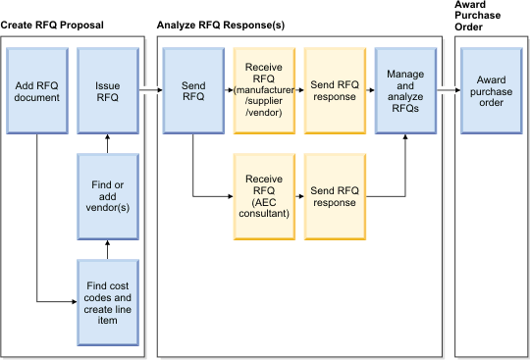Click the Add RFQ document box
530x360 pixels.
(36, 91)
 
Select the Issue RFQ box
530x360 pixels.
(107, 91)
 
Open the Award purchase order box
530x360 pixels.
(492, 91)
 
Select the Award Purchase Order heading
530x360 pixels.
(480, 16)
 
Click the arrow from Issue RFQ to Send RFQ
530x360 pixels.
(150, 91)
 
